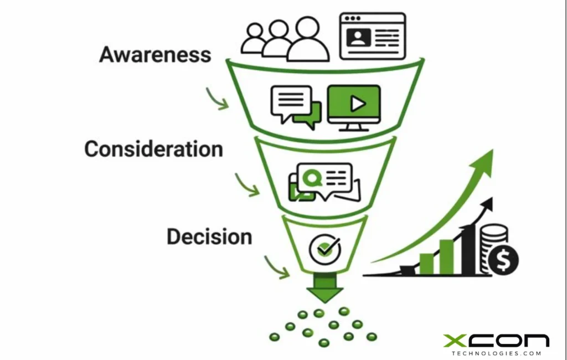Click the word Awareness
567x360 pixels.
[155, 55]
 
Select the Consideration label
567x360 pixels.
[153, 149]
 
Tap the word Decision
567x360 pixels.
[209, 237]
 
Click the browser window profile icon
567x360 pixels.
[372, 35]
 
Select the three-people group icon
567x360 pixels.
[285, 39]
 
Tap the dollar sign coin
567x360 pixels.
[503, 259]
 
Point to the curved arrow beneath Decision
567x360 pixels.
[277, 267]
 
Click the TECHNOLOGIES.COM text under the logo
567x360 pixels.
[496, 353]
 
